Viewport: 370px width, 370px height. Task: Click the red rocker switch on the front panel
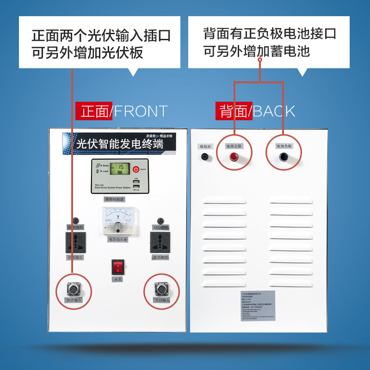118,267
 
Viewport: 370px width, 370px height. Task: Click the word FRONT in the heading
141,111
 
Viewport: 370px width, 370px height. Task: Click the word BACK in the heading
274,111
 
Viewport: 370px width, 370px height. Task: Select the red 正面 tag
93,111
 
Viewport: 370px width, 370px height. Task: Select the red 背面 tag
233,111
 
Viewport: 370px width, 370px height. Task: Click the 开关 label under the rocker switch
118,280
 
